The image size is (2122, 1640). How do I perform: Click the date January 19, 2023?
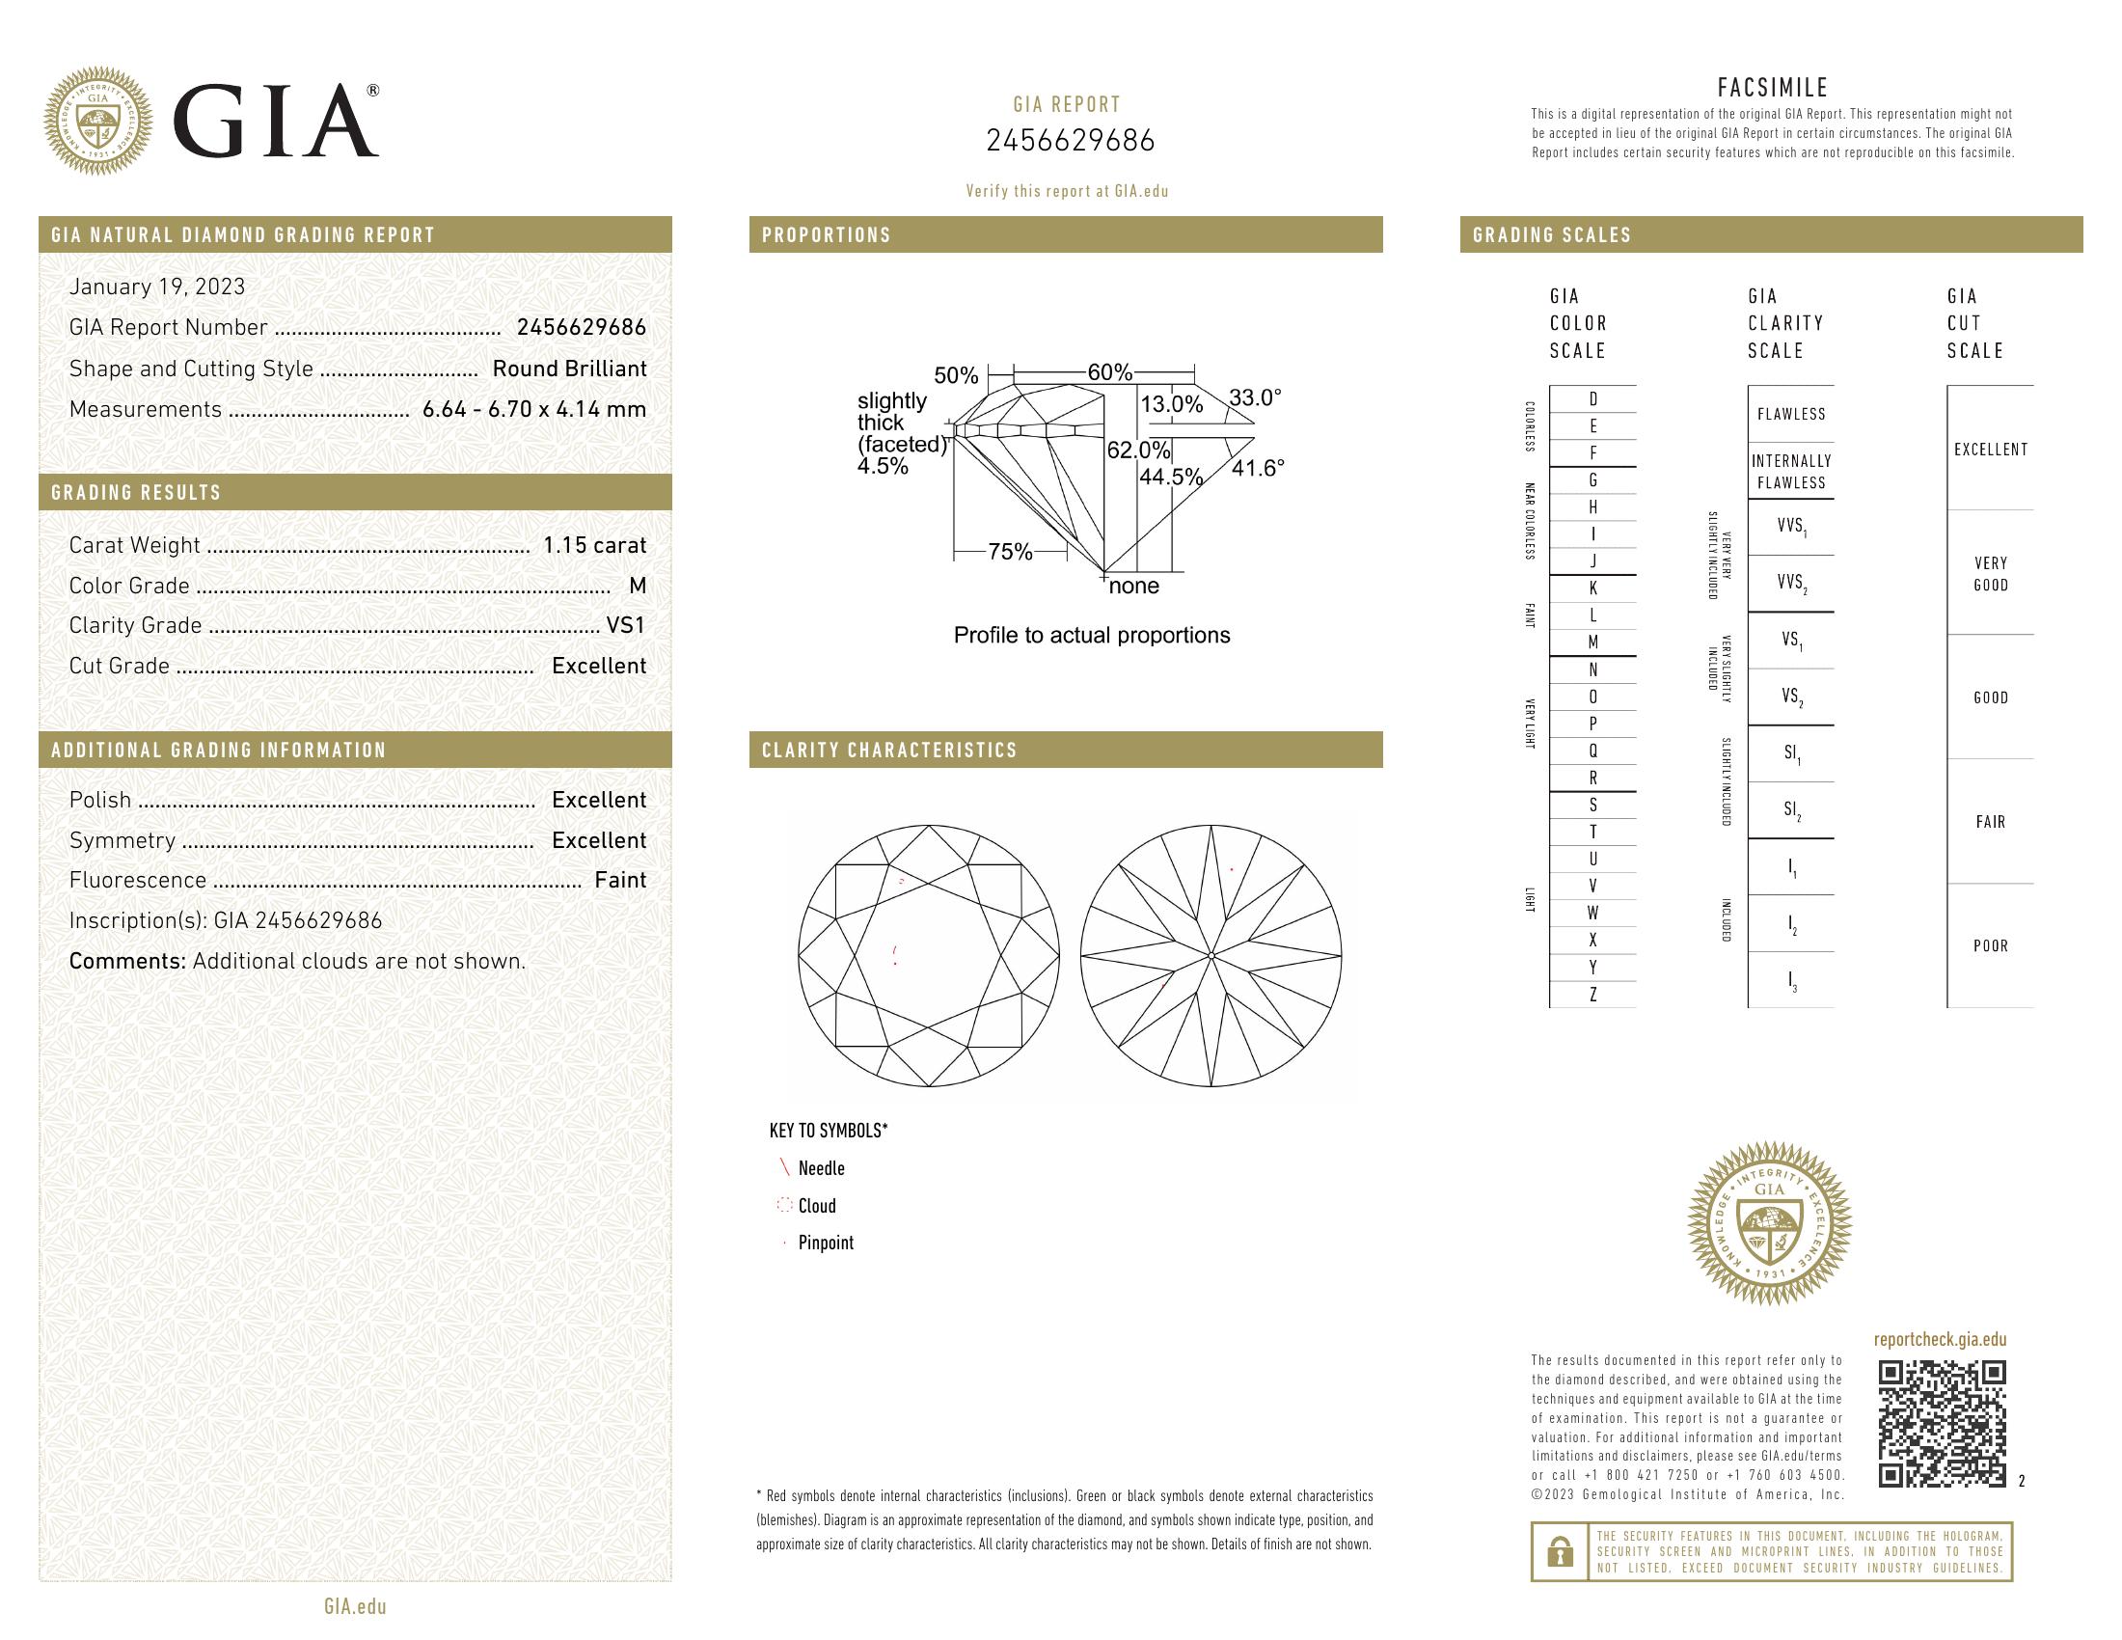[156, 287]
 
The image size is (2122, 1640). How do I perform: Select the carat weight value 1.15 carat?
[593, 545]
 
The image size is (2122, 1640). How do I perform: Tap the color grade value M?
[638, 586]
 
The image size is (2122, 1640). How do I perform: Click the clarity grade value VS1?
[626, 626]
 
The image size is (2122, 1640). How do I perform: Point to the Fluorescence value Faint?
[620, 880]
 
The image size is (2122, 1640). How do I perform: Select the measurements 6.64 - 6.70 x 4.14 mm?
[534, 409]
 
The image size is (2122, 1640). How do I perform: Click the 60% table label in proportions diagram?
[1109, 372]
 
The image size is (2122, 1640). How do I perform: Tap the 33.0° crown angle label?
[1254, 397]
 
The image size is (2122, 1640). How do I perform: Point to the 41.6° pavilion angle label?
[1257, 468]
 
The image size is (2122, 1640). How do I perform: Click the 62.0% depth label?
[1138, 451]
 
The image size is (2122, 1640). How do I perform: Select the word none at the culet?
[1134, 586]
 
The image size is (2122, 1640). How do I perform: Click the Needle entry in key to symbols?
[821, 1169]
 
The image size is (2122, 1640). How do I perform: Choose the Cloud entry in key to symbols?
[816, 1206]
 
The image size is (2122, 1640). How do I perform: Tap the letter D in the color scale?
[1592, 399]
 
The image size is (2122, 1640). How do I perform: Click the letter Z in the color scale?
[1592, 995]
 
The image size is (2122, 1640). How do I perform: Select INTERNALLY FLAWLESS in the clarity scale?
[1791, 471]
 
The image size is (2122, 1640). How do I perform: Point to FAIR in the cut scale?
[1990, 822]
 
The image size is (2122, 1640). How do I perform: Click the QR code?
[1942, 1423]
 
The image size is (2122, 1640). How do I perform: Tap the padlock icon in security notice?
[1560, 1551]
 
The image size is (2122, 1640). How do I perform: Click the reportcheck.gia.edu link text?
[1940, 1340]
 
